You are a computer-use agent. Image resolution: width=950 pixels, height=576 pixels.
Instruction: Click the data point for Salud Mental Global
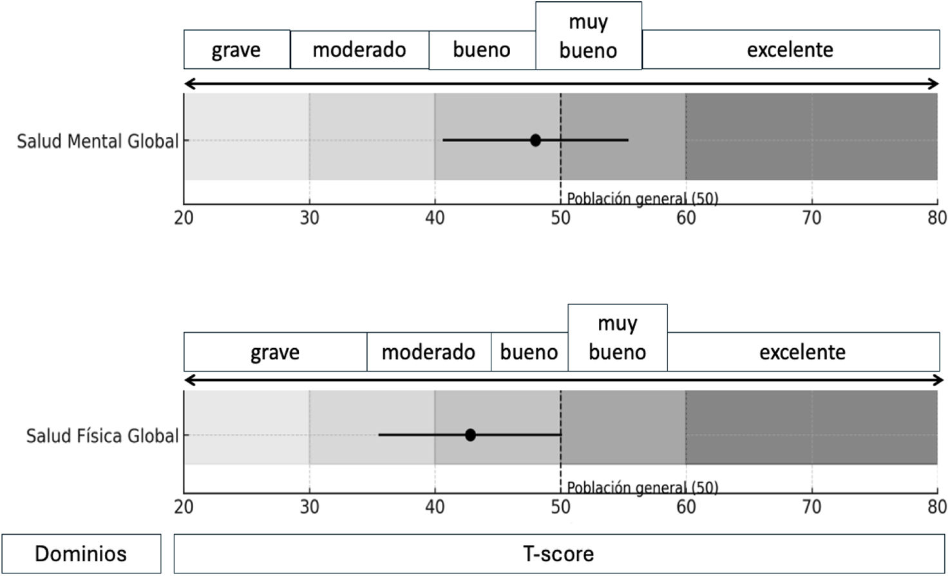click(535, 140)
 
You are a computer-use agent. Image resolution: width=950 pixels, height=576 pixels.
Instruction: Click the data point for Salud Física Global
click(470, 435)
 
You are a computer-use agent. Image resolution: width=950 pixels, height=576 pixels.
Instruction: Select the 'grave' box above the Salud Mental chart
click(236, 50)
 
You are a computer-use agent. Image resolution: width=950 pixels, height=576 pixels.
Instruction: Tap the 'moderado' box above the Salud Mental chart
click(359, 50)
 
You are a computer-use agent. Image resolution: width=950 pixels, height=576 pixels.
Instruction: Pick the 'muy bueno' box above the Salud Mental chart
click(588, 36)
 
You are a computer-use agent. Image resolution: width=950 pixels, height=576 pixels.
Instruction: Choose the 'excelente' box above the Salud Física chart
click(803, 352)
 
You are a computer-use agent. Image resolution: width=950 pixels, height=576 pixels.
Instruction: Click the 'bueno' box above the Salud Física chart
click(529, 352)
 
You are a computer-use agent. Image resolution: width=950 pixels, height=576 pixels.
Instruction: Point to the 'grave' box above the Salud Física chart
click(275, 352)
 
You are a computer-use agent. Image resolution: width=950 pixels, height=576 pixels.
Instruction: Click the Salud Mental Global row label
click(97, 141)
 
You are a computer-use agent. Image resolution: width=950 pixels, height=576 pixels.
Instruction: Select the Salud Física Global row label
click(102, 436)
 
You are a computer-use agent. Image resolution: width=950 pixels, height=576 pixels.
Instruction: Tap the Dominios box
click(81, 553)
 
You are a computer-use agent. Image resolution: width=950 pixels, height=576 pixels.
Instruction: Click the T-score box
click(558, 553)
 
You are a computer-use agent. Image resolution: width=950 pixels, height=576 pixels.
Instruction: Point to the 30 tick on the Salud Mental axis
click(309, 218)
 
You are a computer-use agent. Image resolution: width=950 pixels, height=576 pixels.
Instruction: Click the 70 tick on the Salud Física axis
click(812, 507)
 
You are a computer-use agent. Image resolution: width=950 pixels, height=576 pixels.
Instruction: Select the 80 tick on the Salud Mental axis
click(937, 218)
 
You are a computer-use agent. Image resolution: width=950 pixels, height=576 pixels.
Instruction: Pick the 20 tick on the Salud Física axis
click(184, 507)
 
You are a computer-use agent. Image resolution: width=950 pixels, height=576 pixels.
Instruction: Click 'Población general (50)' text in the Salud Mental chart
click(642, 199)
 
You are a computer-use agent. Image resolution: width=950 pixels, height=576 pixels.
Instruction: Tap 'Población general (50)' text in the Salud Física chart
click(642, 488)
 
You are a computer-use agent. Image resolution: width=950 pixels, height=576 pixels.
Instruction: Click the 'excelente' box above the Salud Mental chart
click(790, 50)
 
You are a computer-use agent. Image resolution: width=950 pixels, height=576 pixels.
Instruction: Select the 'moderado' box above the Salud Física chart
click(428, 352)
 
